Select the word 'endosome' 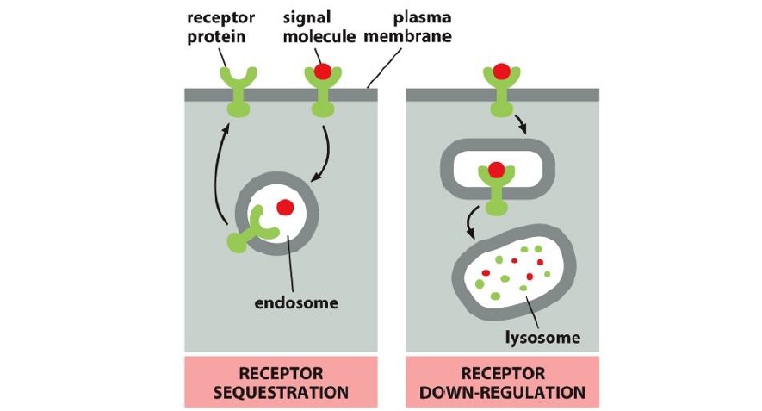[297, 303]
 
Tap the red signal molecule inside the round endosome [286, 207]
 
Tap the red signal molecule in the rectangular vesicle [496, 171]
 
